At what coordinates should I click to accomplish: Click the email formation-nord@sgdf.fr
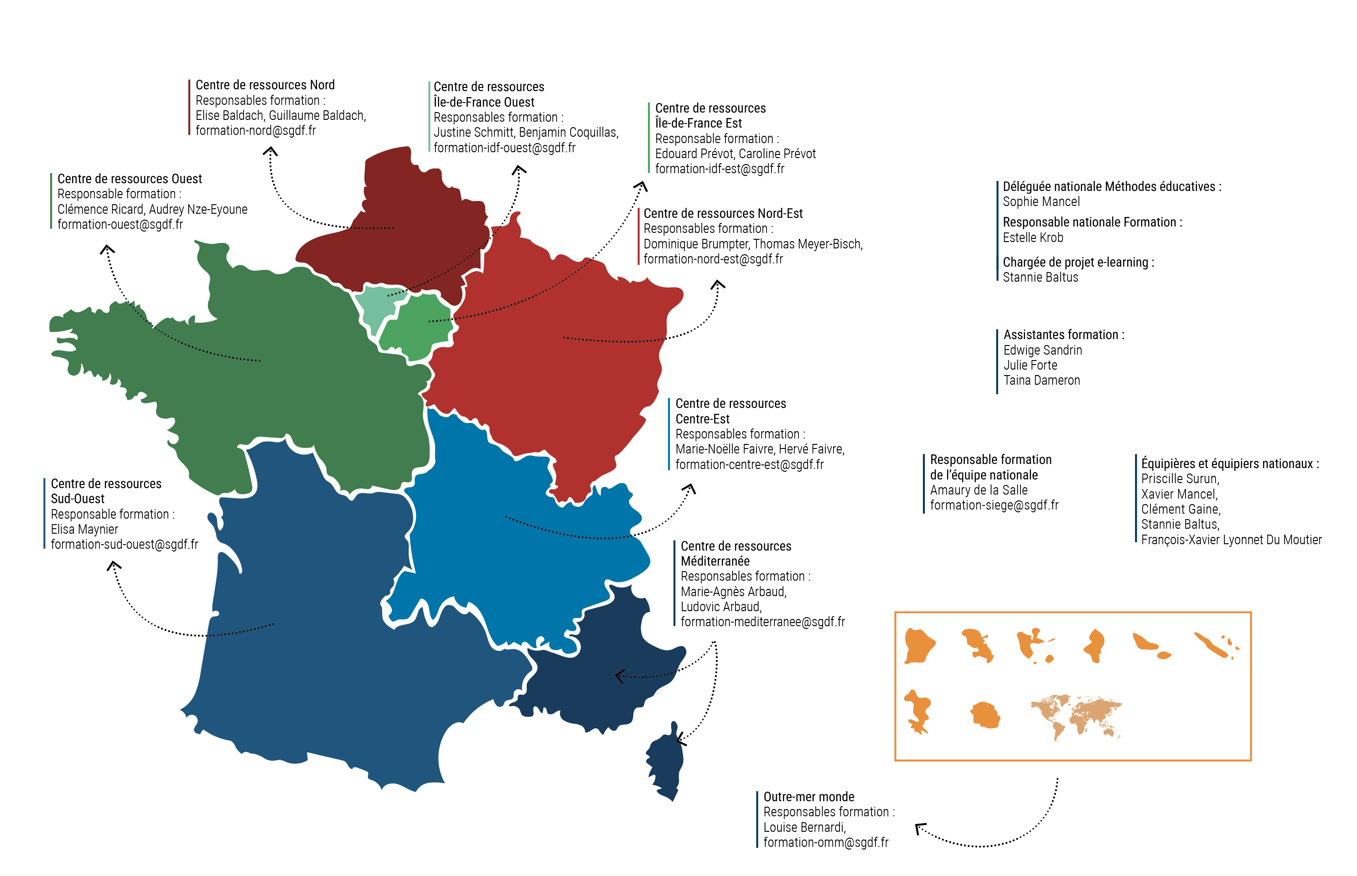pos(255,130)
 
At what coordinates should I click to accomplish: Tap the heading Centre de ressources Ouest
pos(129,179)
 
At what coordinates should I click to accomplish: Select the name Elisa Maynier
pos(84,529)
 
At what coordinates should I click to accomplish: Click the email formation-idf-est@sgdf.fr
pos(719,169)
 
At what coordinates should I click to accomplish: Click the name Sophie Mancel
pos(1041,201)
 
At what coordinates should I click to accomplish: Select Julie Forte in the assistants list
pos(1030,365)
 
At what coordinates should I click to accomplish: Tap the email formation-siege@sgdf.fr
pos(994,505)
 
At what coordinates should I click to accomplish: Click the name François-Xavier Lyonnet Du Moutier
pos(1231,540)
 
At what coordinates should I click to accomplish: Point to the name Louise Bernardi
pos(804,827)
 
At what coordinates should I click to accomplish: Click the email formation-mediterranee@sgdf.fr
pos(762,622)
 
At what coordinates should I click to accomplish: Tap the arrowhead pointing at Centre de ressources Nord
pos(270,151)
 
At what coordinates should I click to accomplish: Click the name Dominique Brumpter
pos(695,244)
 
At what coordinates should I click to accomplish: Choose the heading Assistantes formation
pos(1063,335)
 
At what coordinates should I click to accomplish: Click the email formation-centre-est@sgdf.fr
pos(749,465)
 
